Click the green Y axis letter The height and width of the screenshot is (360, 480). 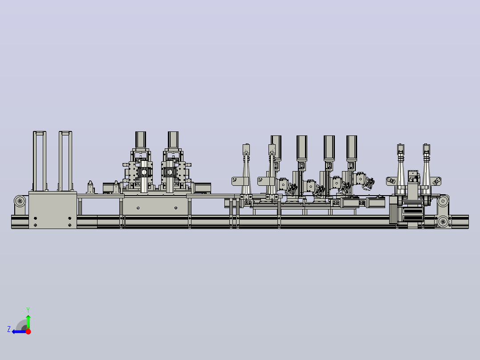click(x=28, y=310)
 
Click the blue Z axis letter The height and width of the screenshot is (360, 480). click(x=9, y=329)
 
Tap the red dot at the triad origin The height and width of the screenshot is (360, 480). click(x=28, y=331)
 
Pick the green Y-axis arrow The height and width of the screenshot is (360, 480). click(x=28, y=322)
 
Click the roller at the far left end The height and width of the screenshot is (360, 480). click(x=20, y=201)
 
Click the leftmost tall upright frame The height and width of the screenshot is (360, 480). click(x=40, y=161)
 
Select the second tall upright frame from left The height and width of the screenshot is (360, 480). click(x=65, y=161)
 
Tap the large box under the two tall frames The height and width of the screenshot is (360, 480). click(x=53, y=210)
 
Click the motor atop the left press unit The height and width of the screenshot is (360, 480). click(x=141, y=140)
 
